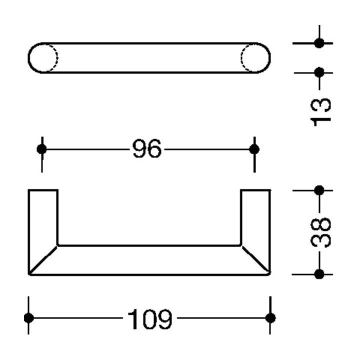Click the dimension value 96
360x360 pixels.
(147, 148)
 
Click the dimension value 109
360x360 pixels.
(149, 319)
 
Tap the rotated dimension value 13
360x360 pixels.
(320, 112)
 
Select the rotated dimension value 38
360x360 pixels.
(320, 232)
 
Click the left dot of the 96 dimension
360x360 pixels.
(41, 149)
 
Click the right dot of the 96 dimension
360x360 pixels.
(254, 149)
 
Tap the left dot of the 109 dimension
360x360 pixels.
(28, 318)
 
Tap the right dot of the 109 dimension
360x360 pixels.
(270, 318)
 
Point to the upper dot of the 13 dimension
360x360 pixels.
(319, 43)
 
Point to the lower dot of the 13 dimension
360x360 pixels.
(319, 72)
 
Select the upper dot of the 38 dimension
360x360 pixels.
(319, 190)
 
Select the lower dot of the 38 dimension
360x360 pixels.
(319, 274)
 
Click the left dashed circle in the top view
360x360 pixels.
(57, 58)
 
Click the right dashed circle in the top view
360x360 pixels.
(241, 58)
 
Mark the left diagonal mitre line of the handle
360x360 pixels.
(43, 260)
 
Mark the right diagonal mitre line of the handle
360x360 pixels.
(256, 260)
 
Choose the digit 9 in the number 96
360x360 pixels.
(139, 148)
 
